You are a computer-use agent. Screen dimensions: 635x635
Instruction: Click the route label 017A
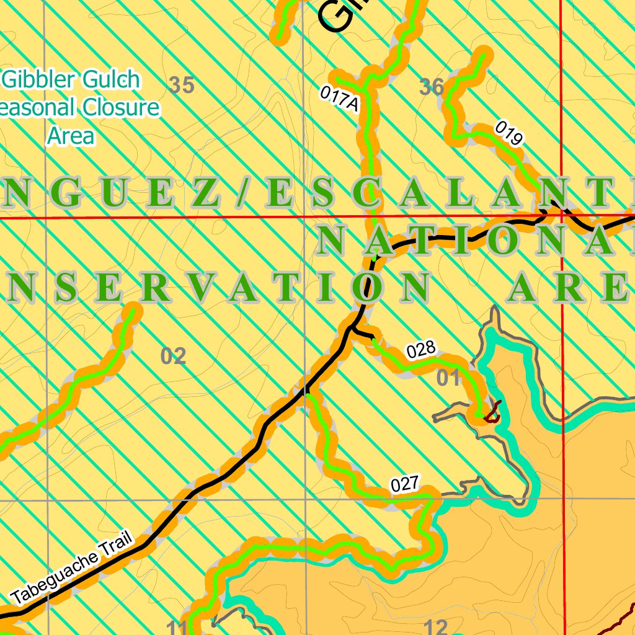[x=339, y=99]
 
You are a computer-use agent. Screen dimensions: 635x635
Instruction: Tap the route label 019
[x=509, y=134]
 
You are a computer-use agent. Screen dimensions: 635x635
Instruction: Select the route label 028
[x=421, y=350]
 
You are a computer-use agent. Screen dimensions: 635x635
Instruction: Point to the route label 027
[x=406, y=484]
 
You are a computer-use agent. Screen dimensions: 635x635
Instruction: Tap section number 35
[x=181, y=86]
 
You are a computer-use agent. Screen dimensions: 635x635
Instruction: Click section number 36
[x=432, y=87]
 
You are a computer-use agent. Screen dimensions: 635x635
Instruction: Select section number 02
[x=173, y=357]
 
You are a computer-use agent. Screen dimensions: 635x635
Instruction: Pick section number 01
[x=448, y=377]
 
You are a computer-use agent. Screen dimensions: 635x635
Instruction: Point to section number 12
[x=437, y=627]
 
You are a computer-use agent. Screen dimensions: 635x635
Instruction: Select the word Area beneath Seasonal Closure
[x=71, y=135]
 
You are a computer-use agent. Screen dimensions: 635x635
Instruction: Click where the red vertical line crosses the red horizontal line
[x=562, y=216]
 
